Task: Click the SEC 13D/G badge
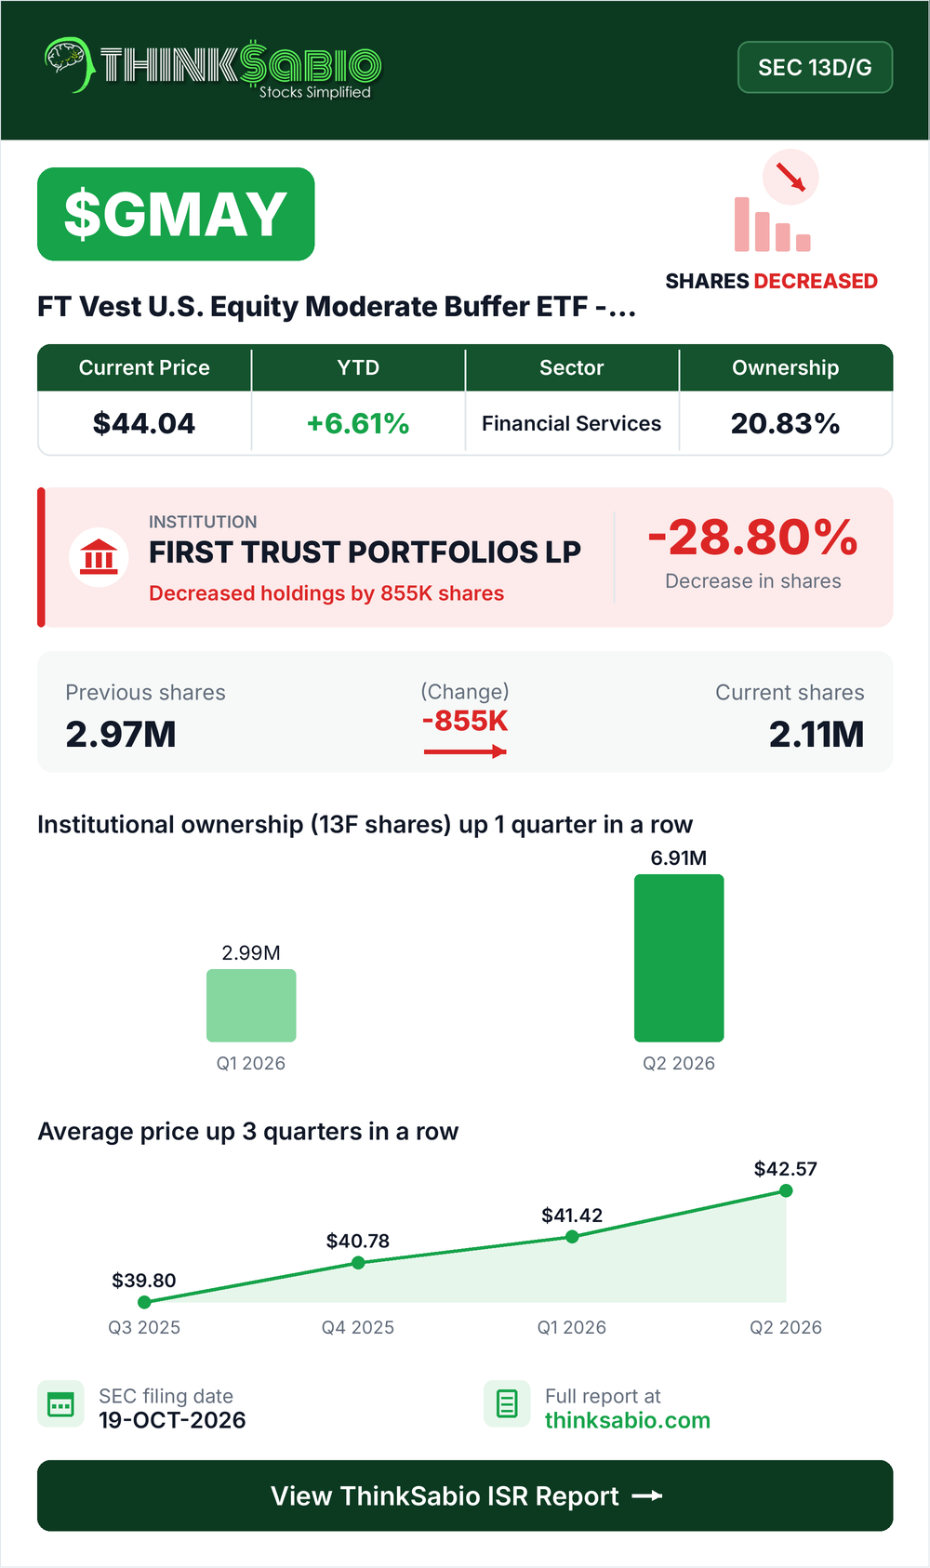click(x=815, y=67)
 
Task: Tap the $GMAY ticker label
click(x=176, y=214)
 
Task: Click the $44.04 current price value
click(x=144, y=423)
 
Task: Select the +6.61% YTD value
click(x=357, y=423)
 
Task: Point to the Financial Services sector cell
click(x=572, y=423)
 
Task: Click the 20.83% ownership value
click(x=785, y=423)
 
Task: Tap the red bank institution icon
click(x=99, y=557)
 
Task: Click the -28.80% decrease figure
click(x=753, y=538)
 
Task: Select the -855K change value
click(x=465, y=721)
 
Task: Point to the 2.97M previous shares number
click(x=121, y=735)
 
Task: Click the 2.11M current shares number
click(x=816, y=735)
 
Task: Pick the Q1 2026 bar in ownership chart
click(x=251, y=1005)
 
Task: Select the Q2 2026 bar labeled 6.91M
click(x=679, y=958)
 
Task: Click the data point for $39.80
click(x=144, y=1302)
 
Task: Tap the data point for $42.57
click(x=786, y=1190)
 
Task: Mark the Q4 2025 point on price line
click(x=358, y=1263)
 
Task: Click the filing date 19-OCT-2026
click(x=172, y=1420)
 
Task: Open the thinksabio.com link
click(x=628, y=1420)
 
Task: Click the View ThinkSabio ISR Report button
click(x=465, y=1495)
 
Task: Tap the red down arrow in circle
click(x=790, y=177)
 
